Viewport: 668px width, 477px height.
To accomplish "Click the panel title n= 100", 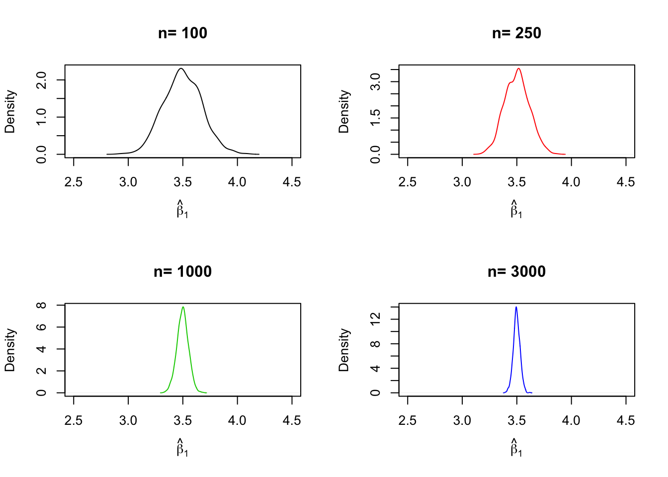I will click(x=182, y=33).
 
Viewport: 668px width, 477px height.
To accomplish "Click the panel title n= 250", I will click(x=516, y=33).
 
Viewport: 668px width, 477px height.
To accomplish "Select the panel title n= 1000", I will click(x=182, y=272).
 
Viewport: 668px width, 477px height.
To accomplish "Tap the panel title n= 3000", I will click(x=516, y=272).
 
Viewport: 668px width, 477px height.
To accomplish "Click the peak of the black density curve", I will click(x=181, y=69).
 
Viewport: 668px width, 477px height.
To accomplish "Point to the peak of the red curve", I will click(x=518, y=69).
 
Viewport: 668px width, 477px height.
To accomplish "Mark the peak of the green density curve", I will click(x=183, y=307).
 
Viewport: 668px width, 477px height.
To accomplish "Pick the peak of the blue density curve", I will click(x=516, y=307).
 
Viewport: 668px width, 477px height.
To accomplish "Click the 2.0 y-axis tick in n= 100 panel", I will click(x=42, y=80).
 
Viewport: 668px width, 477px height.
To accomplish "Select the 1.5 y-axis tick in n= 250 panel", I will click(x=376, y=118).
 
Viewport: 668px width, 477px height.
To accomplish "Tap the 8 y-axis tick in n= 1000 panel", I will click(x=42, y=305).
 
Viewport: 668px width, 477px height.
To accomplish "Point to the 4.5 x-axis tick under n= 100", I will click(x=292, y=182).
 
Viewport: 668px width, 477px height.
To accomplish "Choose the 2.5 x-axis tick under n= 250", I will click(x=408, y=182).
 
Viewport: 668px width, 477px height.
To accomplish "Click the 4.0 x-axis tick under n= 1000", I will click(x=237, y=421).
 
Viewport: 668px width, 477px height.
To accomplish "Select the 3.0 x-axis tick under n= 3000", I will click(x=462, y=421).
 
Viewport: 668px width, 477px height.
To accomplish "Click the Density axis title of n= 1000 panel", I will click(x=10, y=350).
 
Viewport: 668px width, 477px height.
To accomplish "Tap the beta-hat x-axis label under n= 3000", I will click(x=516, y=447).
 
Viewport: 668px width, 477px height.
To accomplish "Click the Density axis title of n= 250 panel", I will click(x=344, y=111).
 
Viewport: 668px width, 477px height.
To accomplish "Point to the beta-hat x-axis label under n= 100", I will click(x=182, y=209).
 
